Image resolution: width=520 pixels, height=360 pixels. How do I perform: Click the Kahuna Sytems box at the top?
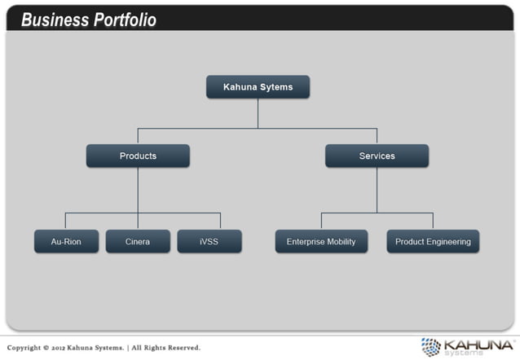(258, 86)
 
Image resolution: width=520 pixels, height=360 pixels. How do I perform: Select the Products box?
(138, 156)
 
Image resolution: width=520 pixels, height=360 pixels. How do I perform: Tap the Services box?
(377, 156)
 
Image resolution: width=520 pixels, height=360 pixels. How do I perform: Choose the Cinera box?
(138, 241)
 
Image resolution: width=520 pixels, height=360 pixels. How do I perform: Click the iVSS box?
(209, 241)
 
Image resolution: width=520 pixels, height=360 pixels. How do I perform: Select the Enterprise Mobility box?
(321, 241)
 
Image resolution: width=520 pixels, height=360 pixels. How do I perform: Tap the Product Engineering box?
(433, 241)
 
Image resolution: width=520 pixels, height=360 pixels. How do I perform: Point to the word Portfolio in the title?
(125, 20)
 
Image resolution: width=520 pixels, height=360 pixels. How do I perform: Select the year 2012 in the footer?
(68, 348)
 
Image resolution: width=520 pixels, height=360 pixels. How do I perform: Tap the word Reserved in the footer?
(183, 348)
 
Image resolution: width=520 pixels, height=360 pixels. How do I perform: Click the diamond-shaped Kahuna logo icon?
(430, 346)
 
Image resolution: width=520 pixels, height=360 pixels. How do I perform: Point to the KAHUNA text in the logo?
(478, 344)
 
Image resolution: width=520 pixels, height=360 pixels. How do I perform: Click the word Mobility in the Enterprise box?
(341, 241)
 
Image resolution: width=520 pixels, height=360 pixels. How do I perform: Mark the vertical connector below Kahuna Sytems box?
(258, 113)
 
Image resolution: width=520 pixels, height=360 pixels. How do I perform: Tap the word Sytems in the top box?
(277, 86)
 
